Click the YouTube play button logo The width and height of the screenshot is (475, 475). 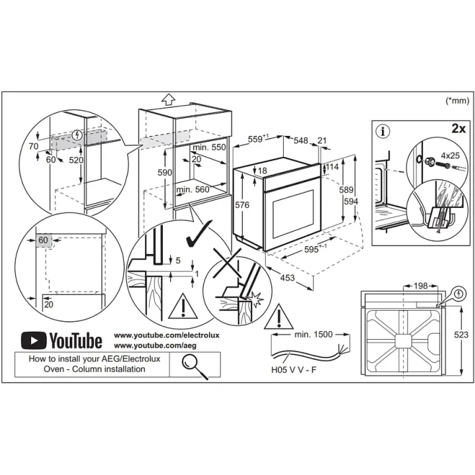pos(34,340)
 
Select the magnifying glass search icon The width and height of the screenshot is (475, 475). pos(195,366)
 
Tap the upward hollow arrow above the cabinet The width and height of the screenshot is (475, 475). pos(168,99)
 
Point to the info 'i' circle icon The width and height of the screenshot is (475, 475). pos(383,131)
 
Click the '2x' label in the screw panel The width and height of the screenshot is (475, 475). pos(459,129)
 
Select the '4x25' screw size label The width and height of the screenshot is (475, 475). pos(450,156)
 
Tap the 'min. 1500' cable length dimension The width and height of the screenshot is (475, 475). pos(313,334)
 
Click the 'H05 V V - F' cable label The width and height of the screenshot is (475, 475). pos(294,369)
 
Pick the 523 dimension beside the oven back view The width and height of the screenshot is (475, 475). pos(461,334)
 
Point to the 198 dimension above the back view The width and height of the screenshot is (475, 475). pos(420,286)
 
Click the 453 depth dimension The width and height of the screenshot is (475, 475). pos(287,278)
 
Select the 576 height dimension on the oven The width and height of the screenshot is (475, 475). pos(242,205)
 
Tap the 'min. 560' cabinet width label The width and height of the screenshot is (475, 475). pos(193,189)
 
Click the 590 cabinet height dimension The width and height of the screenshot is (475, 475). pos(165,172)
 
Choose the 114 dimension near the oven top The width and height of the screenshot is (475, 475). pos(332,166)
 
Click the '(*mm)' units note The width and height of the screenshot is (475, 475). pos(457,100)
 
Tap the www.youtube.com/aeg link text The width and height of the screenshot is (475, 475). pos(155,345)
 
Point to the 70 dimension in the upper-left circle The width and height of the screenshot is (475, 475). pos(34,146)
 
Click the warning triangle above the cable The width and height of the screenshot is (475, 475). pos(278,317)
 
